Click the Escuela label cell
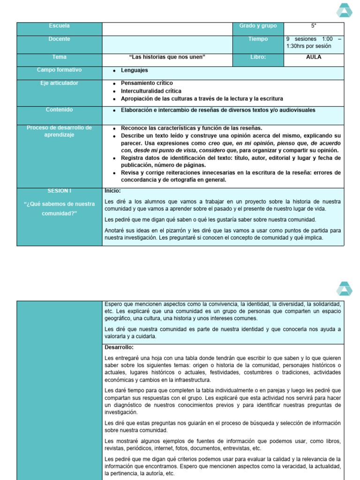(x=59, y=26)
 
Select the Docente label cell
(x=59, y=39)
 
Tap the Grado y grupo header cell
(x=258, y=26)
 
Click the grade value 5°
(x=314, y=26)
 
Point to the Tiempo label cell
(x=258, y=39)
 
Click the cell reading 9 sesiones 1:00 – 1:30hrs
(x=314, y=43)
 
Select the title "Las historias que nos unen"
(x=167, y=57)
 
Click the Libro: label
(x=258, y=57)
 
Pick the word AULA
(x=314, y=57)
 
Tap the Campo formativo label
(x=59, y=70)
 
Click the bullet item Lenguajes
(x=134, y=70)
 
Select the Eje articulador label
(x=59, y=83)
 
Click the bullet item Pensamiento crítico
(x=147, y=83)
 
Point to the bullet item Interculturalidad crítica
(x=151, y=91)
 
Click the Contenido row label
(x=59, y=110)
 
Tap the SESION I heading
(x=59, y=191)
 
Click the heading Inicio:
(x=112, y=191)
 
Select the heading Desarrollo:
(x=119, y=347)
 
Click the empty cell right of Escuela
(x=167, y=29)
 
